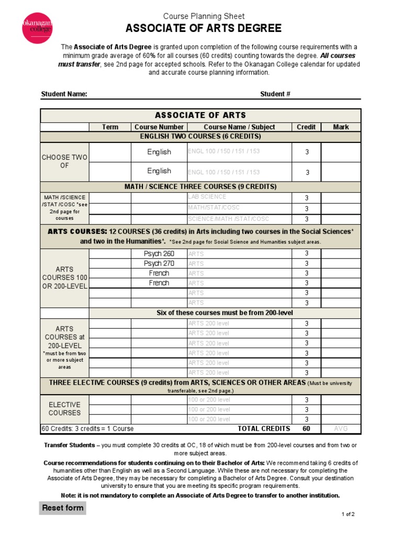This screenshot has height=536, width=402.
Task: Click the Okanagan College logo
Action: pyautogui.click(x=37, y=28)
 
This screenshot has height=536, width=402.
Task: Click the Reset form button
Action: pyautogui.click(x=62, y=508)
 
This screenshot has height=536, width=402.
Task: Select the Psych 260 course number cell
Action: pyautogui.click(x=159, y=253)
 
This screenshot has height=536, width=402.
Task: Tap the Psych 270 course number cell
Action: pyautogui.click(x=159, y=263)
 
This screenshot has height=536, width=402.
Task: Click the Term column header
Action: pyautogui.click(x=110, y=127)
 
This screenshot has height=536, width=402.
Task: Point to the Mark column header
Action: pyautogui.click(x=340, y=127)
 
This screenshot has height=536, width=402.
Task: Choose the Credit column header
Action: pyautogui.click(x=306, y=127)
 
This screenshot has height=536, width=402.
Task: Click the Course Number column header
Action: pyautogui.click(x=159, y=127)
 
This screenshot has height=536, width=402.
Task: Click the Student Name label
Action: pyautogui.click(x=64, y=94)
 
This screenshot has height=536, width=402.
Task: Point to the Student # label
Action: pyautogui.click(x=275, y=94)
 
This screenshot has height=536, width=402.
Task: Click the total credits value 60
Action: pyautogui.click(x=306, y=429)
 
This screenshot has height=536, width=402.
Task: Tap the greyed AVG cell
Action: pyautogui.click(x=340, y=429)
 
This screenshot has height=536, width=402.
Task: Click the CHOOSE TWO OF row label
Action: pyautogui.click(x=65, y=161)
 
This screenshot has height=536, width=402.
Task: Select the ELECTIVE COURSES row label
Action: pyautogui.click(x=65, y=409)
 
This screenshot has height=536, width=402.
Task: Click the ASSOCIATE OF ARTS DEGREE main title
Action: pyautogui.click(x=204, y=28)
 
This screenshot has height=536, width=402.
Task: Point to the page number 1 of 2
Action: pyautogui.click(x=348, y=514)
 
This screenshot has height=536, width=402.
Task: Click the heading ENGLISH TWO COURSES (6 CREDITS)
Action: pyautogui.click(x=200, y=137)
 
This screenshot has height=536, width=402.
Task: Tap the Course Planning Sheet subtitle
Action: pyautogui.click(x=204, y=16)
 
